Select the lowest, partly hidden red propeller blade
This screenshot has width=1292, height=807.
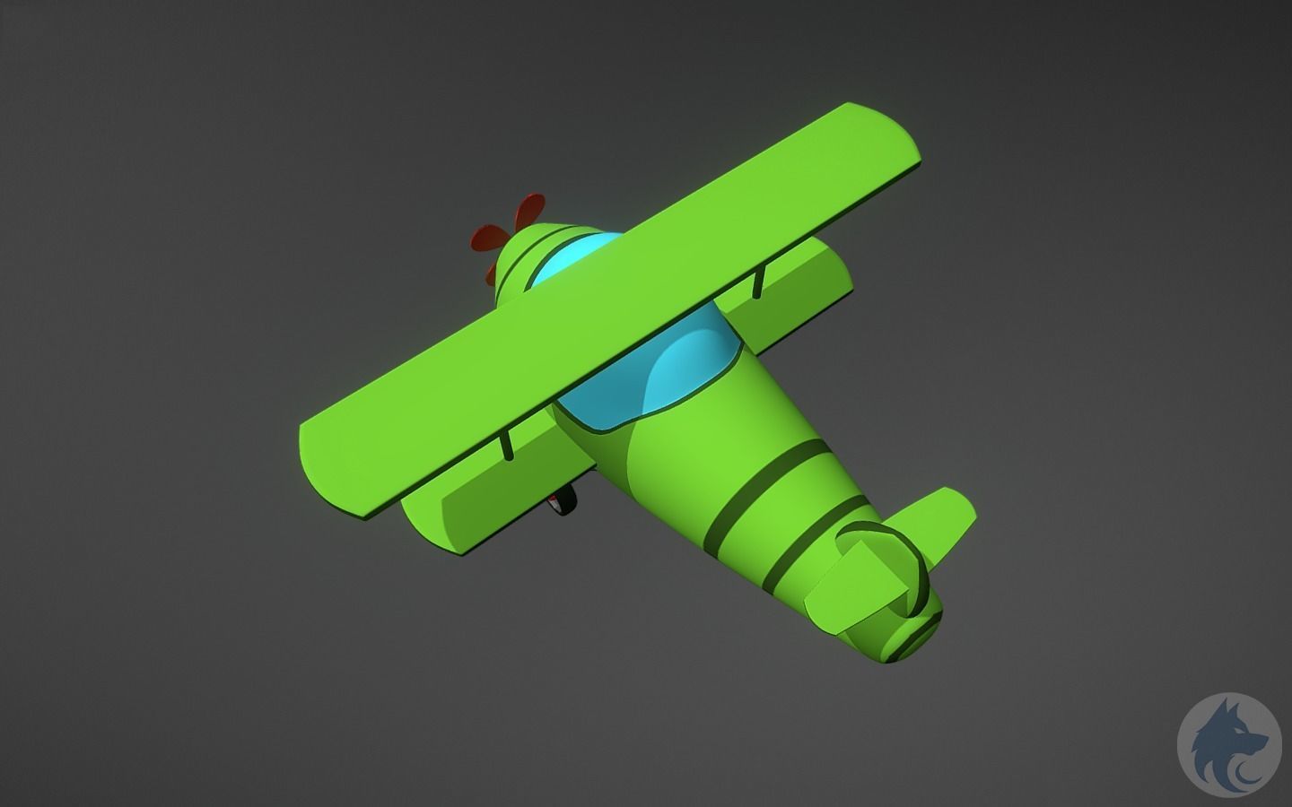click(492, 273)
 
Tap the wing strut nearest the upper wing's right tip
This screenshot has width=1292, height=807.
click(760, 282)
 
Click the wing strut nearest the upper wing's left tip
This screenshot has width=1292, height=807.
click(508, 445)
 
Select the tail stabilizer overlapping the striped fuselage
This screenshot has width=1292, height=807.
click(848, 596)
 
